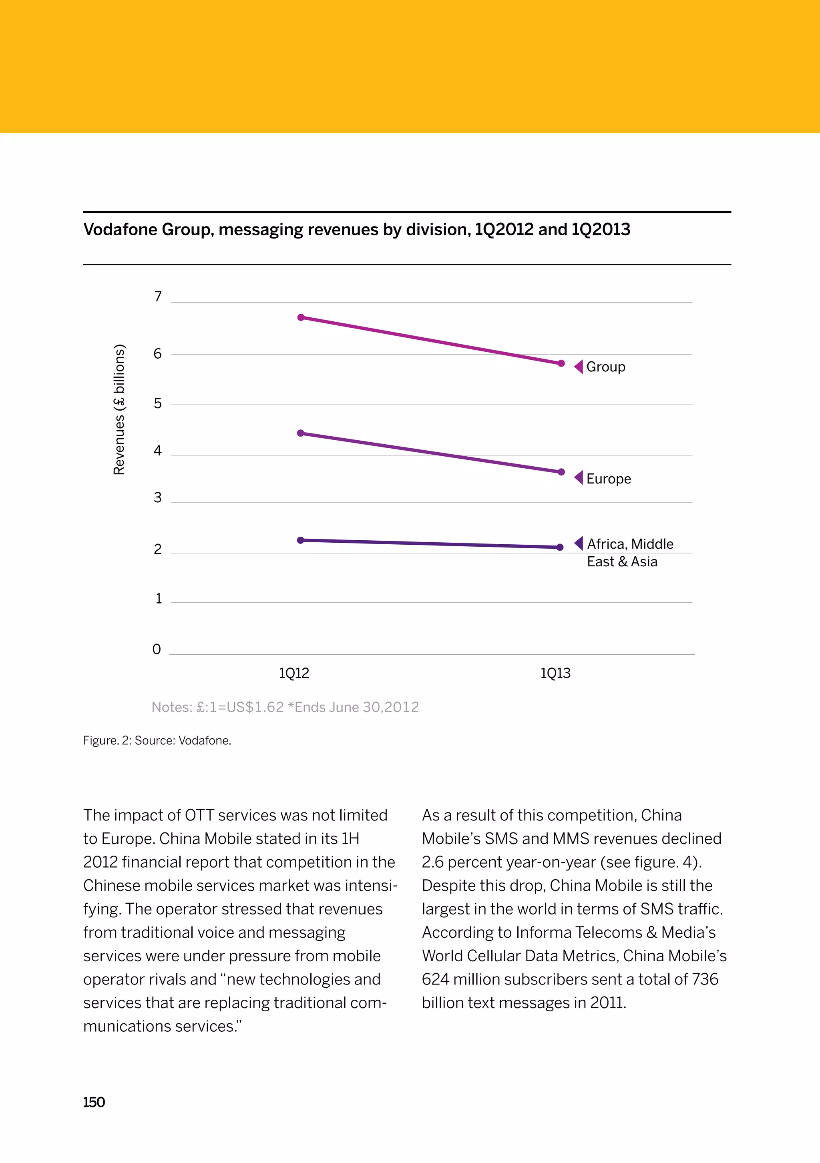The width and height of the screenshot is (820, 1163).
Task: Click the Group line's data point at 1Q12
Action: click(x=301, y=317)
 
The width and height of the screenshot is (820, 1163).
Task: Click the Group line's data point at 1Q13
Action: click(x=561, y=363)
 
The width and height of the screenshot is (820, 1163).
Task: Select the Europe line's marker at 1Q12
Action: click(x=301, y=433)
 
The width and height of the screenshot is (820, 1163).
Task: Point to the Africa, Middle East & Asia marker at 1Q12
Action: click(x=301, y=540)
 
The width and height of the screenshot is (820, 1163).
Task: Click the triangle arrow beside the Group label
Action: click(x=579, y=366)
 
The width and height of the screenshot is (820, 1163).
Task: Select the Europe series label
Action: click(x=608, y=479)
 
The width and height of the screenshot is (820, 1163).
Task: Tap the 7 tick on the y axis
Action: click(x=158, y=296)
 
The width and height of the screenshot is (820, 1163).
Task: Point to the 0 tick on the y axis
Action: click(x=157, y=650)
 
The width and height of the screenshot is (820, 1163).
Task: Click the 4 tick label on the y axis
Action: click(x=158, y=451)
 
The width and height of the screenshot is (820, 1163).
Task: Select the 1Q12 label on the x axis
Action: click(x=294, y=673)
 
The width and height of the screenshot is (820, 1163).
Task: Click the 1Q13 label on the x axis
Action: click(x=555, y=673)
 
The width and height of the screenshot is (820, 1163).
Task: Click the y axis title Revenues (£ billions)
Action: click(x=119, y=409)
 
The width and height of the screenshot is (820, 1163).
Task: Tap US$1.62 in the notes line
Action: click(x=255, y=707)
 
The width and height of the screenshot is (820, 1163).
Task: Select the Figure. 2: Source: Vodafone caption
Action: click(x=157, y=740)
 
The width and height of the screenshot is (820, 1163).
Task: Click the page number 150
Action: click(x=94, y=1103)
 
